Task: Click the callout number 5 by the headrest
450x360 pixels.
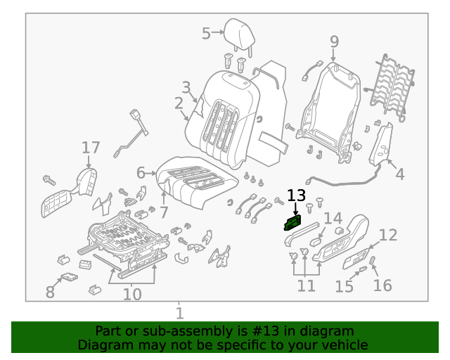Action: coord(206,33)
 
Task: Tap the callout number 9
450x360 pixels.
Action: coord(334,41)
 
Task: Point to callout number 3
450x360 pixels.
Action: coord(186,88)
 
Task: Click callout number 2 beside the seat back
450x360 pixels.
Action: coord(179,104)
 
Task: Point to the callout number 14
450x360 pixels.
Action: coord(333,219)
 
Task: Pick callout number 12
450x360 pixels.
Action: coord(388,235)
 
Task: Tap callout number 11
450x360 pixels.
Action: coord(306,285)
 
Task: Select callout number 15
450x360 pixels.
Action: coord(344,286)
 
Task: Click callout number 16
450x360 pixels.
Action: coord(382,285)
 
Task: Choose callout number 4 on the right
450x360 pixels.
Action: coord(399,174)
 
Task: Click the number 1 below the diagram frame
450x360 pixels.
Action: coord(179,313)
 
